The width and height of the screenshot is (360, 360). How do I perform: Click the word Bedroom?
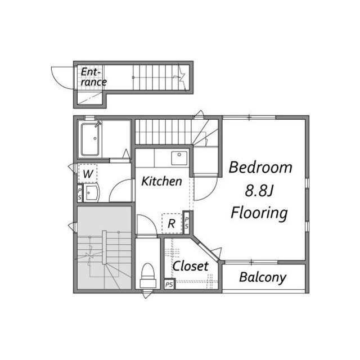point(260,168)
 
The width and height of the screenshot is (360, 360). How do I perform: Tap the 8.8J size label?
point(259,190)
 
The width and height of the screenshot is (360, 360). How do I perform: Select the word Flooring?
point(259,213)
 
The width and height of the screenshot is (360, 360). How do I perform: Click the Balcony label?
point(263,277)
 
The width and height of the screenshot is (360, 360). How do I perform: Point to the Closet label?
point(190,266)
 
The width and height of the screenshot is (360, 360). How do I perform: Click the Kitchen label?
point(161,181)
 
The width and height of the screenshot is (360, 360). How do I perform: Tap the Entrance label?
point(93,77)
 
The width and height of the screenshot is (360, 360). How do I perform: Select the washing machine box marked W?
point(88,173)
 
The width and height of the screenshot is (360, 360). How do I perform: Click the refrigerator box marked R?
point(172,223)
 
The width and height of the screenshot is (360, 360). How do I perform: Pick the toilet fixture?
point(147,276)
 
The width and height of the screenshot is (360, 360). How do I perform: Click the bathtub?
point(91,139)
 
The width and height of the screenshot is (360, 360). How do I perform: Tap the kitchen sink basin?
point(179,158)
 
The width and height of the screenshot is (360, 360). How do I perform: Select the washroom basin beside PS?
point(91,193)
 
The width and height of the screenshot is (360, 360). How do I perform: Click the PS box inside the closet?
point(169,285)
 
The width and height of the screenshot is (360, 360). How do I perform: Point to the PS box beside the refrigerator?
point(187,223)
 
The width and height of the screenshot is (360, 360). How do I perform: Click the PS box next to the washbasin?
point(79,193)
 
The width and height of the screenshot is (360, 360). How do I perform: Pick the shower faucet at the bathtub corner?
point(98,124)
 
